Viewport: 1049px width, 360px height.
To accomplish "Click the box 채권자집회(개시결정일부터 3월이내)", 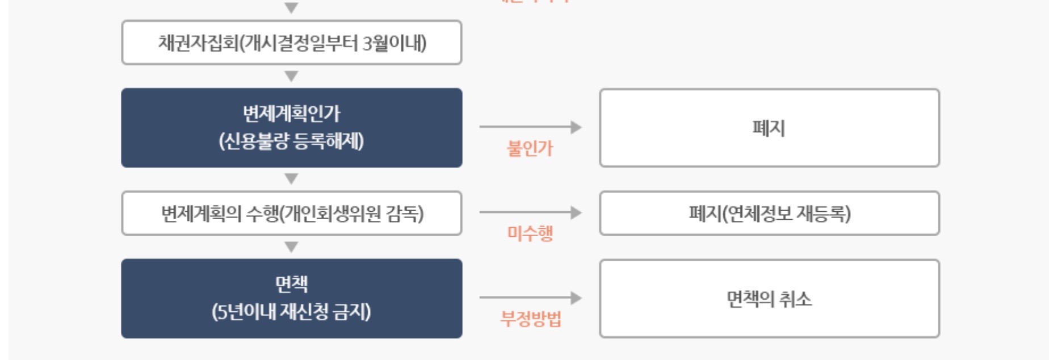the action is (x=291, y=43).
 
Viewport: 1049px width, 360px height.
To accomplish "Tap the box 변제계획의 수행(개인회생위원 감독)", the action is (x=291, y=214).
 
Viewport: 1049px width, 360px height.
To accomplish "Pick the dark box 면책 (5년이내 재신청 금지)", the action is (x=291, y=299).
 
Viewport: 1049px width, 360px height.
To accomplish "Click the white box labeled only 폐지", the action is (x=769, y=128).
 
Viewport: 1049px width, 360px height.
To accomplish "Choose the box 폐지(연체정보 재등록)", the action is (x=769, y=214).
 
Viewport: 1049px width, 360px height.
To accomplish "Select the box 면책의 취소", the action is (x=769, y=299).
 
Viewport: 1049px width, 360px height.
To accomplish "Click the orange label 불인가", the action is (x=530, y=148).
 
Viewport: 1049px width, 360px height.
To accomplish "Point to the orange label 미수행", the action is (x=530, y=233).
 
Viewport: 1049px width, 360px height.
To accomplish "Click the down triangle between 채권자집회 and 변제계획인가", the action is (x=291, y=76).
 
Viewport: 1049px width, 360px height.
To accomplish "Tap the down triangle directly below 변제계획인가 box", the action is (x=291, y=179).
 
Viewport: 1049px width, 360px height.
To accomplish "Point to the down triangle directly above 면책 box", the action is (x=291, y=247).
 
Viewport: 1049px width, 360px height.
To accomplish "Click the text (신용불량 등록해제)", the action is (x=291, y=141).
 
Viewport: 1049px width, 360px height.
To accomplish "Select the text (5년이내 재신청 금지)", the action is (x=291, y=312).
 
